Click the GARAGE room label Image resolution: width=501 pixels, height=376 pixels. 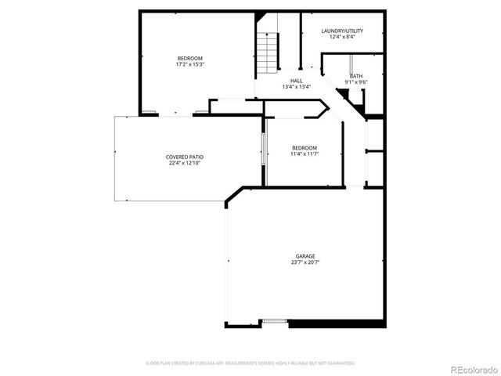(305, 256)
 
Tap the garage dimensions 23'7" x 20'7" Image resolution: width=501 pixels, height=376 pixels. (305, 262)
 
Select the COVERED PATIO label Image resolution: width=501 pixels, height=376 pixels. (184, 157)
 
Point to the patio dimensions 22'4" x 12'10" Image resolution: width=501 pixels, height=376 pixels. (184, 163)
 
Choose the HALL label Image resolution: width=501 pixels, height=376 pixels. (297, 81)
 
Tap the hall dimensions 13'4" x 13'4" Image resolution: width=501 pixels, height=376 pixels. (297, 87)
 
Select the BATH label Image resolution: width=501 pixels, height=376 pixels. (356, 76)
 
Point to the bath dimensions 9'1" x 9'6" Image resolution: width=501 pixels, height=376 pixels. (356, 82)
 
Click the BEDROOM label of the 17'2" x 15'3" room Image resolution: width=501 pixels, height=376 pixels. (189, 59)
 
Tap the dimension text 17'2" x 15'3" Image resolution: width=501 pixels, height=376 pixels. (189, 65)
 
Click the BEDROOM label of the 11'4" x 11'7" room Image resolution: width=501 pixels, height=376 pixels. (305, 148)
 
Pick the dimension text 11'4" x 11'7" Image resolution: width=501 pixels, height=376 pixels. (305, 154)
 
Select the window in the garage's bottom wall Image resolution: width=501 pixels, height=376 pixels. (274, 320)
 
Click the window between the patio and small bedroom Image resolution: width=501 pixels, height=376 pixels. (263, 151)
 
